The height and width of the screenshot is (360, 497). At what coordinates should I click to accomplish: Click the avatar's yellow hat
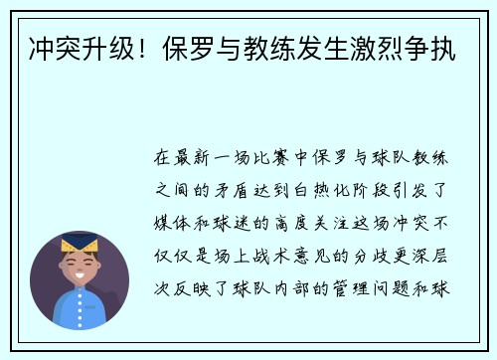tap(80, 242)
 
